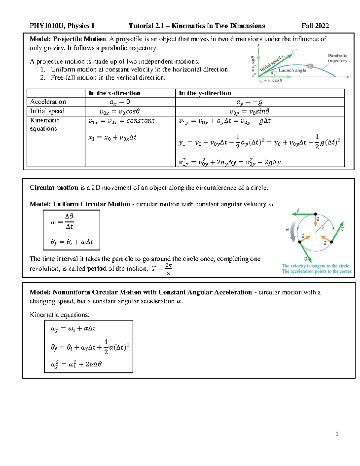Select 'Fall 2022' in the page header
pos(315,26)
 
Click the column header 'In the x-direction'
pos(115,93)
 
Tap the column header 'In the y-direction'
pos(205,93)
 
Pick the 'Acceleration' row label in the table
pos(48,102)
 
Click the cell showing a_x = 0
pos(120,102)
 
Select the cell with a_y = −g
pos(249,102)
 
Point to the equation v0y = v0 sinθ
pos(249,112)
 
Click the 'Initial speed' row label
pos(47,111)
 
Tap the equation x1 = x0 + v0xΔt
pos(112,138)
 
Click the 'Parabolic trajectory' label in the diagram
pos(337,58)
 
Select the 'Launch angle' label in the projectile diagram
pos(292,70)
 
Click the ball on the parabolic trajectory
pos(311,66)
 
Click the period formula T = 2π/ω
pos(162,269)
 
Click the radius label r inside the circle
pos(323,227)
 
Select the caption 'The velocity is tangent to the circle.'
pos(316,266)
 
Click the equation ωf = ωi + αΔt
pos(73,329)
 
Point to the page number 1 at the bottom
pos(337,434)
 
